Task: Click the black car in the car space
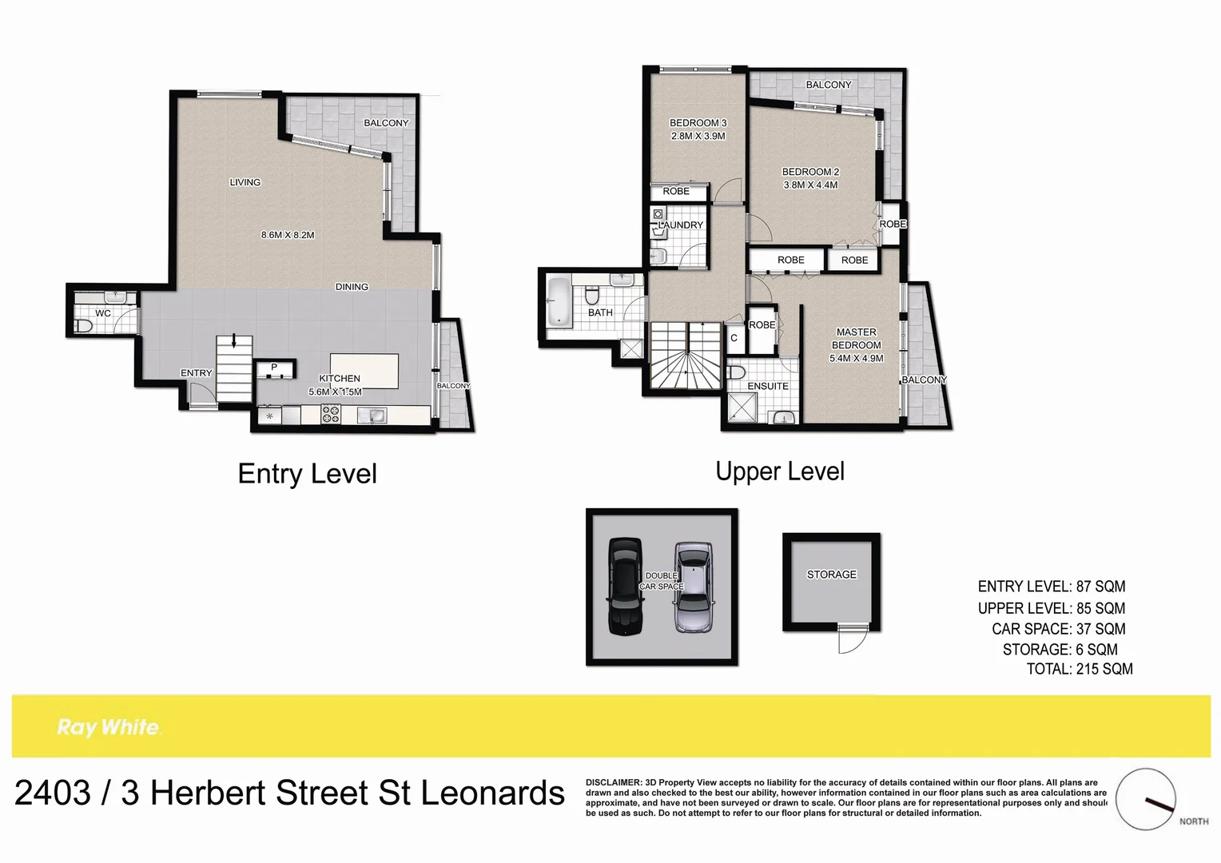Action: coord(625,586)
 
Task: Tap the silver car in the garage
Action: coord(693,587)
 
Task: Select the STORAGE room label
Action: coord(831,575)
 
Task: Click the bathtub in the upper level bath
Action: coord(558,301)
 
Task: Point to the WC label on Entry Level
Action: coord(103,313)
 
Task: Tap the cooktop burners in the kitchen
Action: coord(330,414)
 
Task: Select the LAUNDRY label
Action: coord(682,225)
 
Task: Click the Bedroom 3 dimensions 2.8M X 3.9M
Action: coord(698,137)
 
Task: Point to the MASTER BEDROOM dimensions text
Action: coord(856,359)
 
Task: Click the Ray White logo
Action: coord(109,727)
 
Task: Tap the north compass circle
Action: coord(1146,799)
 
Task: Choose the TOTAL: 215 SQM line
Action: coord(1080,670)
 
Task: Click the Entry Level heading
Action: coord(307,474)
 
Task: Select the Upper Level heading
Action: coord(780,471)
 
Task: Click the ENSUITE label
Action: coord(768,386)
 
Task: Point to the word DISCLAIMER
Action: coord(614,782)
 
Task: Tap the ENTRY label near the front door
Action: coord(196,373)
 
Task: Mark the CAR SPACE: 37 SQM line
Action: coord(1058,630)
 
